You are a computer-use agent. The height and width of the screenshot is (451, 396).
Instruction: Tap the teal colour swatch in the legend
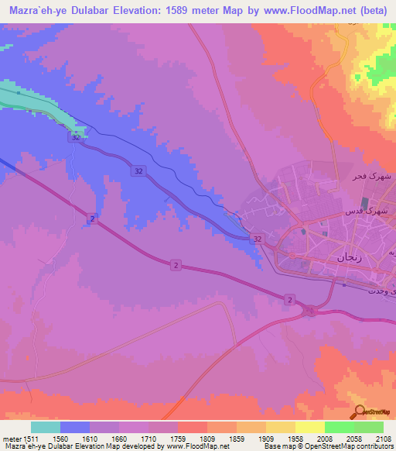point(46,426)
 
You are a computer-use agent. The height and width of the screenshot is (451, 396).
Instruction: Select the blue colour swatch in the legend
point(75,426)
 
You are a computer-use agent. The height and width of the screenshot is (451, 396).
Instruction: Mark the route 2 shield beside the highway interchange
point(289,298)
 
